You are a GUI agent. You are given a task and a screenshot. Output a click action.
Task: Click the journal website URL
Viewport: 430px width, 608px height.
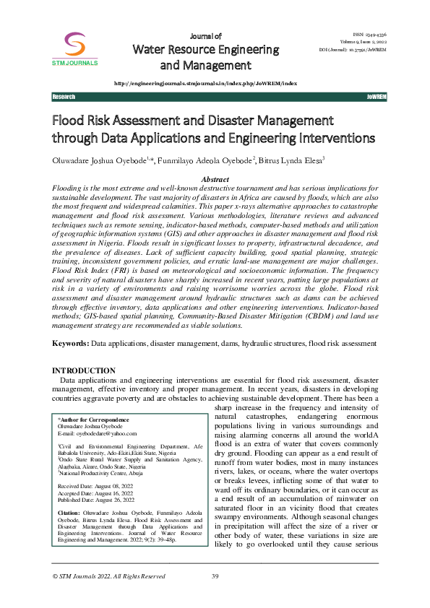[x=205, y=84]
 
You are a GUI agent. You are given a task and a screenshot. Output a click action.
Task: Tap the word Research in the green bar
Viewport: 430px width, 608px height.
[x=64, y=96]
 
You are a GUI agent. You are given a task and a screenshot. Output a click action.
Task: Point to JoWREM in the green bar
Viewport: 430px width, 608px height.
[x=377, y=96]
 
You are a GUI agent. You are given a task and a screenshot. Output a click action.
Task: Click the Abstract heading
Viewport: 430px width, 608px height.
[x=215, y=179]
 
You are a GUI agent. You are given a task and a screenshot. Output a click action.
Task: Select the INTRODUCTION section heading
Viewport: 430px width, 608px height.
[x=85, y=370]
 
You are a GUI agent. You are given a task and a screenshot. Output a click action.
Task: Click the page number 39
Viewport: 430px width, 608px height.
[x=215, y=596]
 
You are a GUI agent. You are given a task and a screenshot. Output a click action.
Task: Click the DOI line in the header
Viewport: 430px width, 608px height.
[x=354, y=50]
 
